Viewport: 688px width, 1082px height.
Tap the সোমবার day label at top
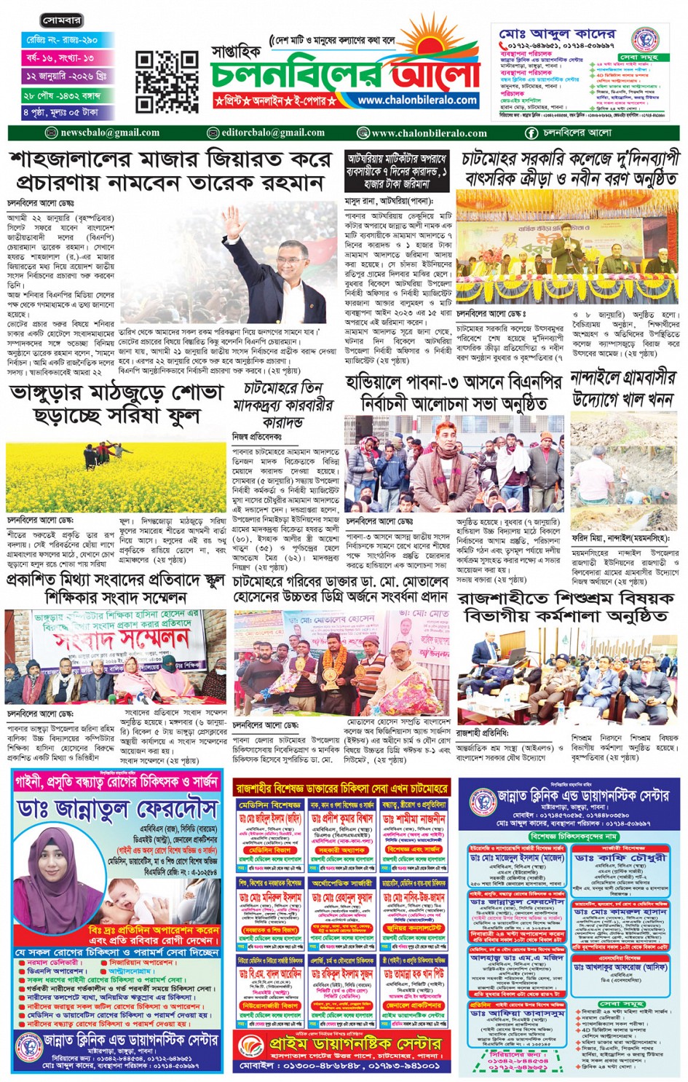[x=62, y=21]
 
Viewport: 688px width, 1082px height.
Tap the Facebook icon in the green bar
[x=531, y=133]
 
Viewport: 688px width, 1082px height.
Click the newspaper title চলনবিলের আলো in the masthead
[x=345, y=74]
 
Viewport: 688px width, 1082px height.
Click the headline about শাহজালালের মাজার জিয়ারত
[x=170, y=170]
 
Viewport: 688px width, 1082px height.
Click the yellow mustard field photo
[x=116, y=476]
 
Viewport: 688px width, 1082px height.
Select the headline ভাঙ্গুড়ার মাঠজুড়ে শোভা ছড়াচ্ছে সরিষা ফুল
[x=116, y=404]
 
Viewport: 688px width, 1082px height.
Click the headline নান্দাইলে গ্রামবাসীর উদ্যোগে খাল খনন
[x=623, y=390]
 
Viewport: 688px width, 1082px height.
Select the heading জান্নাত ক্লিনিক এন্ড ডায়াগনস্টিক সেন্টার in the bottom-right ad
[x=582, y=796]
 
